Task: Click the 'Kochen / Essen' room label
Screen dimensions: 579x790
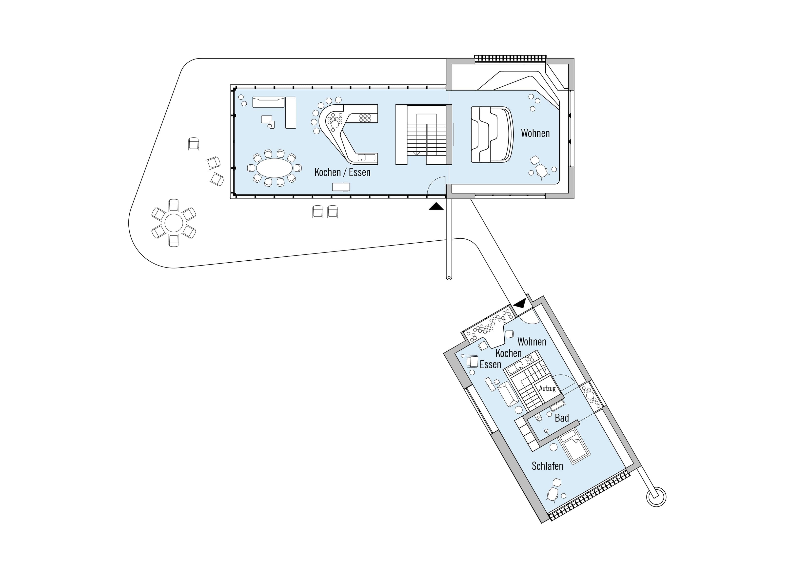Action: click(x=342, y=173)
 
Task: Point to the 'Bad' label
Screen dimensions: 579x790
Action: click(x=561, y=418)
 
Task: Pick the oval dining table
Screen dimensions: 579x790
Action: click(x=275, y=168)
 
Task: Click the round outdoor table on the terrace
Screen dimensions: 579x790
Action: click(x=174, y=223)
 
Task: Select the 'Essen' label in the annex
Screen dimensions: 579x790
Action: click(x=490, y=365)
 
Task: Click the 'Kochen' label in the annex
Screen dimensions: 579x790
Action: click(x=508, y=353)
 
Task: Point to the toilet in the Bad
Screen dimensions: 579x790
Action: click(x=538, y=418)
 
